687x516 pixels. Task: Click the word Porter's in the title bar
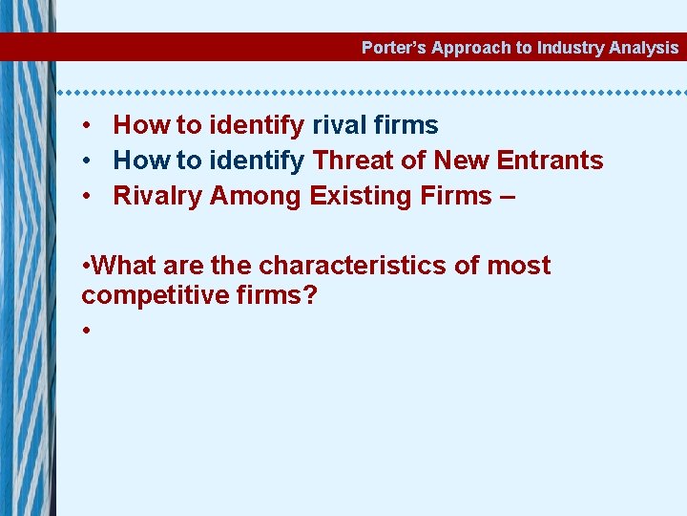click(394, 48)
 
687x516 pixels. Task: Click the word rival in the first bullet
click(341, 125)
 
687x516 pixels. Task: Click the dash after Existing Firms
click(506, 196)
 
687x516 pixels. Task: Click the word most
click(518, 265)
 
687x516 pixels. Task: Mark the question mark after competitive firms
click(310, 294)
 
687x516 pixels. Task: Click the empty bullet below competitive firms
click(86, 330)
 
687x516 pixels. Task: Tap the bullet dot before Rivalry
click(86, 196)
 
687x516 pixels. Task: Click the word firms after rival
click(406, 125)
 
